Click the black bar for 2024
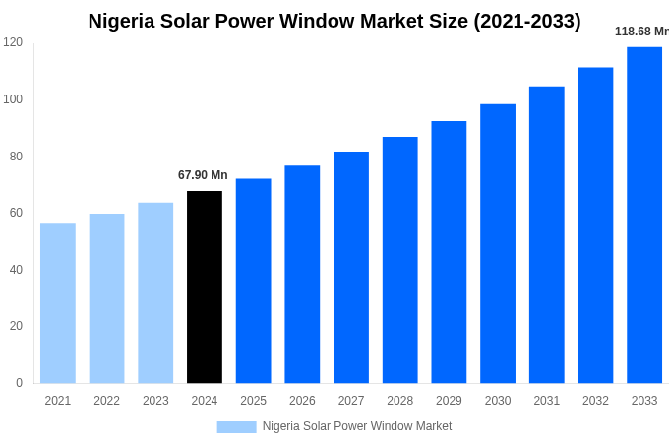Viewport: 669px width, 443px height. pos(205,286)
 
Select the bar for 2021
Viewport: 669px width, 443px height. pos(58,303)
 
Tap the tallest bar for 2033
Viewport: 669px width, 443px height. pos(644,215)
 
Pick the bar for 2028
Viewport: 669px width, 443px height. pos(400,260)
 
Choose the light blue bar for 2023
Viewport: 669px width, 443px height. pos(155,292)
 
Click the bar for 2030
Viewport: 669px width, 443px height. pos(498,243)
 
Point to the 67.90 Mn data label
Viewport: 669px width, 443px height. pos(203,175)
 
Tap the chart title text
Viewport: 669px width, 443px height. pos(334,21)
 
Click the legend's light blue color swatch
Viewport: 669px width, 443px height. pos(236,426)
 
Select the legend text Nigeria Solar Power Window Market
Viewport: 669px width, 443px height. pos(357,426)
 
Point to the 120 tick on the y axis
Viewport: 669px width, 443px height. pos(13,42)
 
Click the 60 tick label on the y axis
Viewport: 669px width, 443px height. pos(16,213)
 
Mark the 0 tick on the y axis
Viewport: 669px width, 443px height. pos(19,383)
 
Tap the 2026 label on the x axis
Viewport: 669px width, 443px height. pos(302,401)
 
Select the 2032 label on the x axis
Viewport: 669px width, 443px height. pos(595,401)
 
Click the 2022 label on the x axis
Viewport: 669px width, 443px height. pos(106,401)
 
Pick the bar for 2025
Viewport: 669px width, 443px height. pos(253,281)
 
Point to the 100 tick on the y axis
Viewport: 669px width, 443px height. pos(13,99)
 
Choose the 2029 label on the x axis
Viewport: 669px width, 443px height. pos(449,401)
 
